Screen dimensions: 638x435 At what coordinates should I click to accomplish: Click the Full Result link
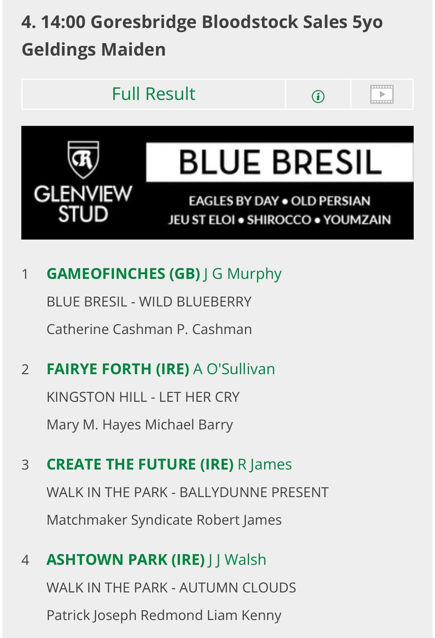pyautogui.click(x=153, y=94)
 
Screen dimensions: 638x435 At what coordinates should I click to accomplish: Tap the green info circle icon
pyautogui.click(x=318, y=96)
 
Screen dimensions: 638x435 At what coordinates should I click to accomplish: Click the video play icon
pyautogui.click(x=381, y=95)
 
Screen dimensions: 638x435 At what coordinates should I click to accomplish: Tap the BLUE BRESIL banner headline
pyautogui.click(x=280, y=162)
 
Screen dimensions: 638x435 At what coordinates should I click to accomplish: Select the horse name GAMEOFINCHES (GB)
pyautogui.click(x=123, y=274)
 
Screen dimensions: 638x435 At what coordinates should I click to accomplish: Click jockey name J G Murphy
pyautogui.click(x=242, y=274)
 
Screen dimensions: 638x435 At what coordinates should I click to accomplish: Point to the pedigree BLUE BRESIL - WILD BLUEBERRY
pyautogui.click(x=149, y=301)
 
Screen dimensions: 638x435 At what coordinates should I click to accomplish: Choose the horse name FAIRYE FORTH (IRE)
pyautogui.click(x=118, y=369)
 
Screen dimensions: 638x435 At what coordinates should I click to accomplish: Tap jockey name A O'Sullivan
pyautogui.click(x=234, y=369)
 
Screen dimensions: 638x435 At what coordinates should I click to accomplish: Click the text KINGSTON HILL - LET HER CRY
pyautogui.click(x=143, y=397)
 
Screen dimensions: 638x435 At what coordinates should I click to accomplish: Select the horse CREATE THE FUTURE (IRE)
pyautogui.click(x=140, y=464)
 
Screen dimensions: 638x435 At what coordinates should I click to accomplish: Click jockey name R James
pyautogui.click(x=265, y=464)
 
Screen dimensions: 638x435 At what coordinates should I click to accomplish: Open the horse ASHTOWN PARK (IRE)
pyautogui.click(x=125, y=559)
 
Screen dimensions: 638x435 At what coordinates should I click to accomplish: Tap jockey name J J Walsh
pyautogui.click(x=237, y=559)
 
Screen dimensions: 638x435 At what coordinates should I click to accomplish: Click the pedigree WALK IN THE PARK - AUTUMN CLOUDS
pyautogui.click(x=171, y=587)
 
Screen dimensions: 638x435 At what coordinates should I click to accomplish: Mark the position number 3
pyautogui.click(x=25, y=465)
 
